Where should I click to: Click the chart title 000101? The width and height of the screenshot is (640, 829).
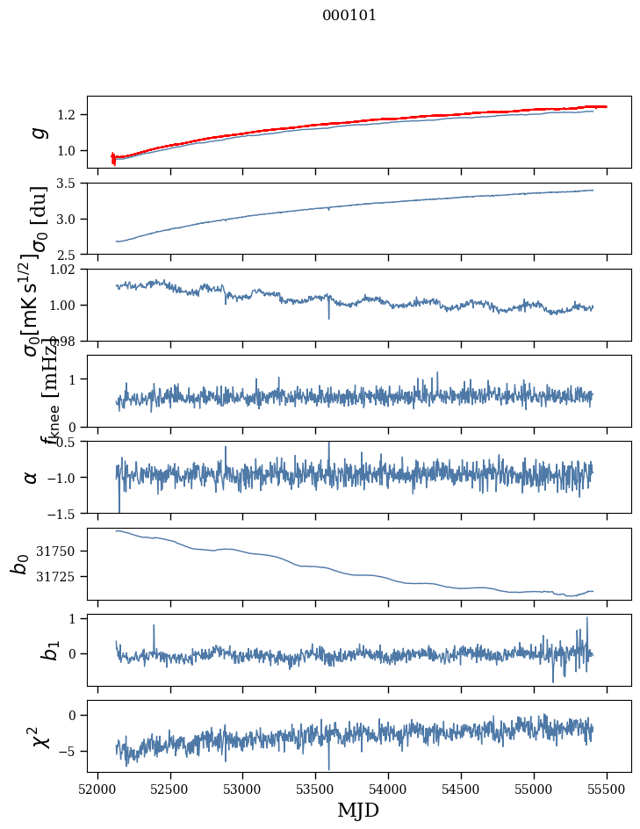tap(349, 15)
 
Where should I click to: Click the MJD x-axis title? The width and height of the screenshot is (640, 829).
tap(358, 810)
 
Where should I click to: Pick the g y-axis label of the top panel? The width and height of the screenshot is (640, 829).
tap(38, 132)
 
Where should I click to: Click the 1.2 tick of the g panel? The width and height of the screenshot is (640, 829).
tap(68, 115)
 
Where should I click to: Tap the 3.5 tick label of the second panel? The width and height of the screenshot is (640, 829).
tap(68, 184)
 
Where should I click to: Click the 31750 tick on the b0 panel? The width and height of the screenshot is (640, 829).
tap(61, 551)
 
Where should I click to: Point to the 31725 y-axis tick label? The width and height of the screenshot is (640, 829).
tap(61, 576)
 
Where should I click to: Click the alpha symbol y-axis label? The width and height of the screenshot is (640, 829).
tap(32, 477)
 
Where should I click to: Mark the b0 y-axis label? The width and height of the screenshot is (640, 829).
tap(19, 563)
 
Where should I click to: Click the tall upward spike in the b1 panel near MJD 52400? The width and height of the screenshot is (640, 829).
tap(154, 626)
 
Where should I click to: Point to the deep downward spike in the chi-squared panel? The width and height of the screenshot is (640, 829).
tap(329, 768)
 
